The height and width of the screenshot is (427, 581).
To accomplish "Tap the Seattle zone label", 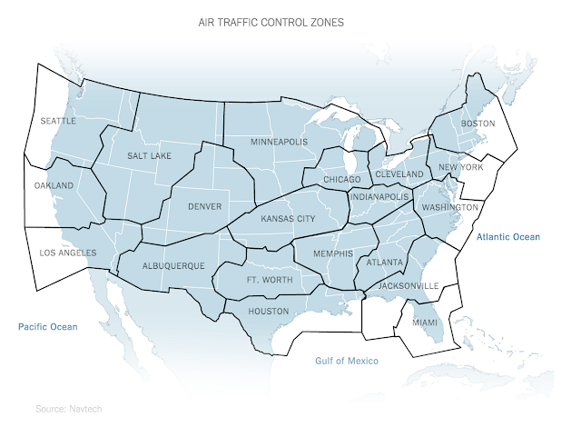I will click(58, 120).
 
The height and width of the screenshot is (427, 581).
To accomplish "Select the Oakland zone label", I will click(54, 185).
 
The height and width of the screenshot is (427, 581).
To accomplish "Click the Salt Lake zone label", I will click(149, 156).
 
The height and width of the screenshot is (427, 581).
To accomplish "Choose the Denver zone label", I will click(204, 206).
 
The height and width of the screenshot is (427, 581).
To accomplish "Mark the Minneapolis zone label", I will click(280, 142).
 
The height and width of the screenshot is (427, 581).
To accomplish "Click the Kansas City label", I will click(288, 219).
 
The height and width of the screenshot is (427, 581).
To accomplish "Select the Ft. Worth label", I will click(270, 280).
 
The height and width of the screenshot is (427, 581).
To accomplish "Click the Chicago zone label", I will click(341, 180).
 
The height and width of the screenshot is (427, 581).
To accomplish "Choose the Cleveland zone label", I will click(399, 174).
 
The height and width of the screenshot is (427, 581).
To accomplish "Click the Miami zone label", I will click(424, 323).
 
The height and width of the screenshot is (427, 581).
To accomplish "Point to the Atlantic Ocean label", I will click(507, 237).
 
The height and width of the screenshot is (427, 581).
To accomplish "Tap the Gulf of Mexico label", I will click(346, 361).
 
